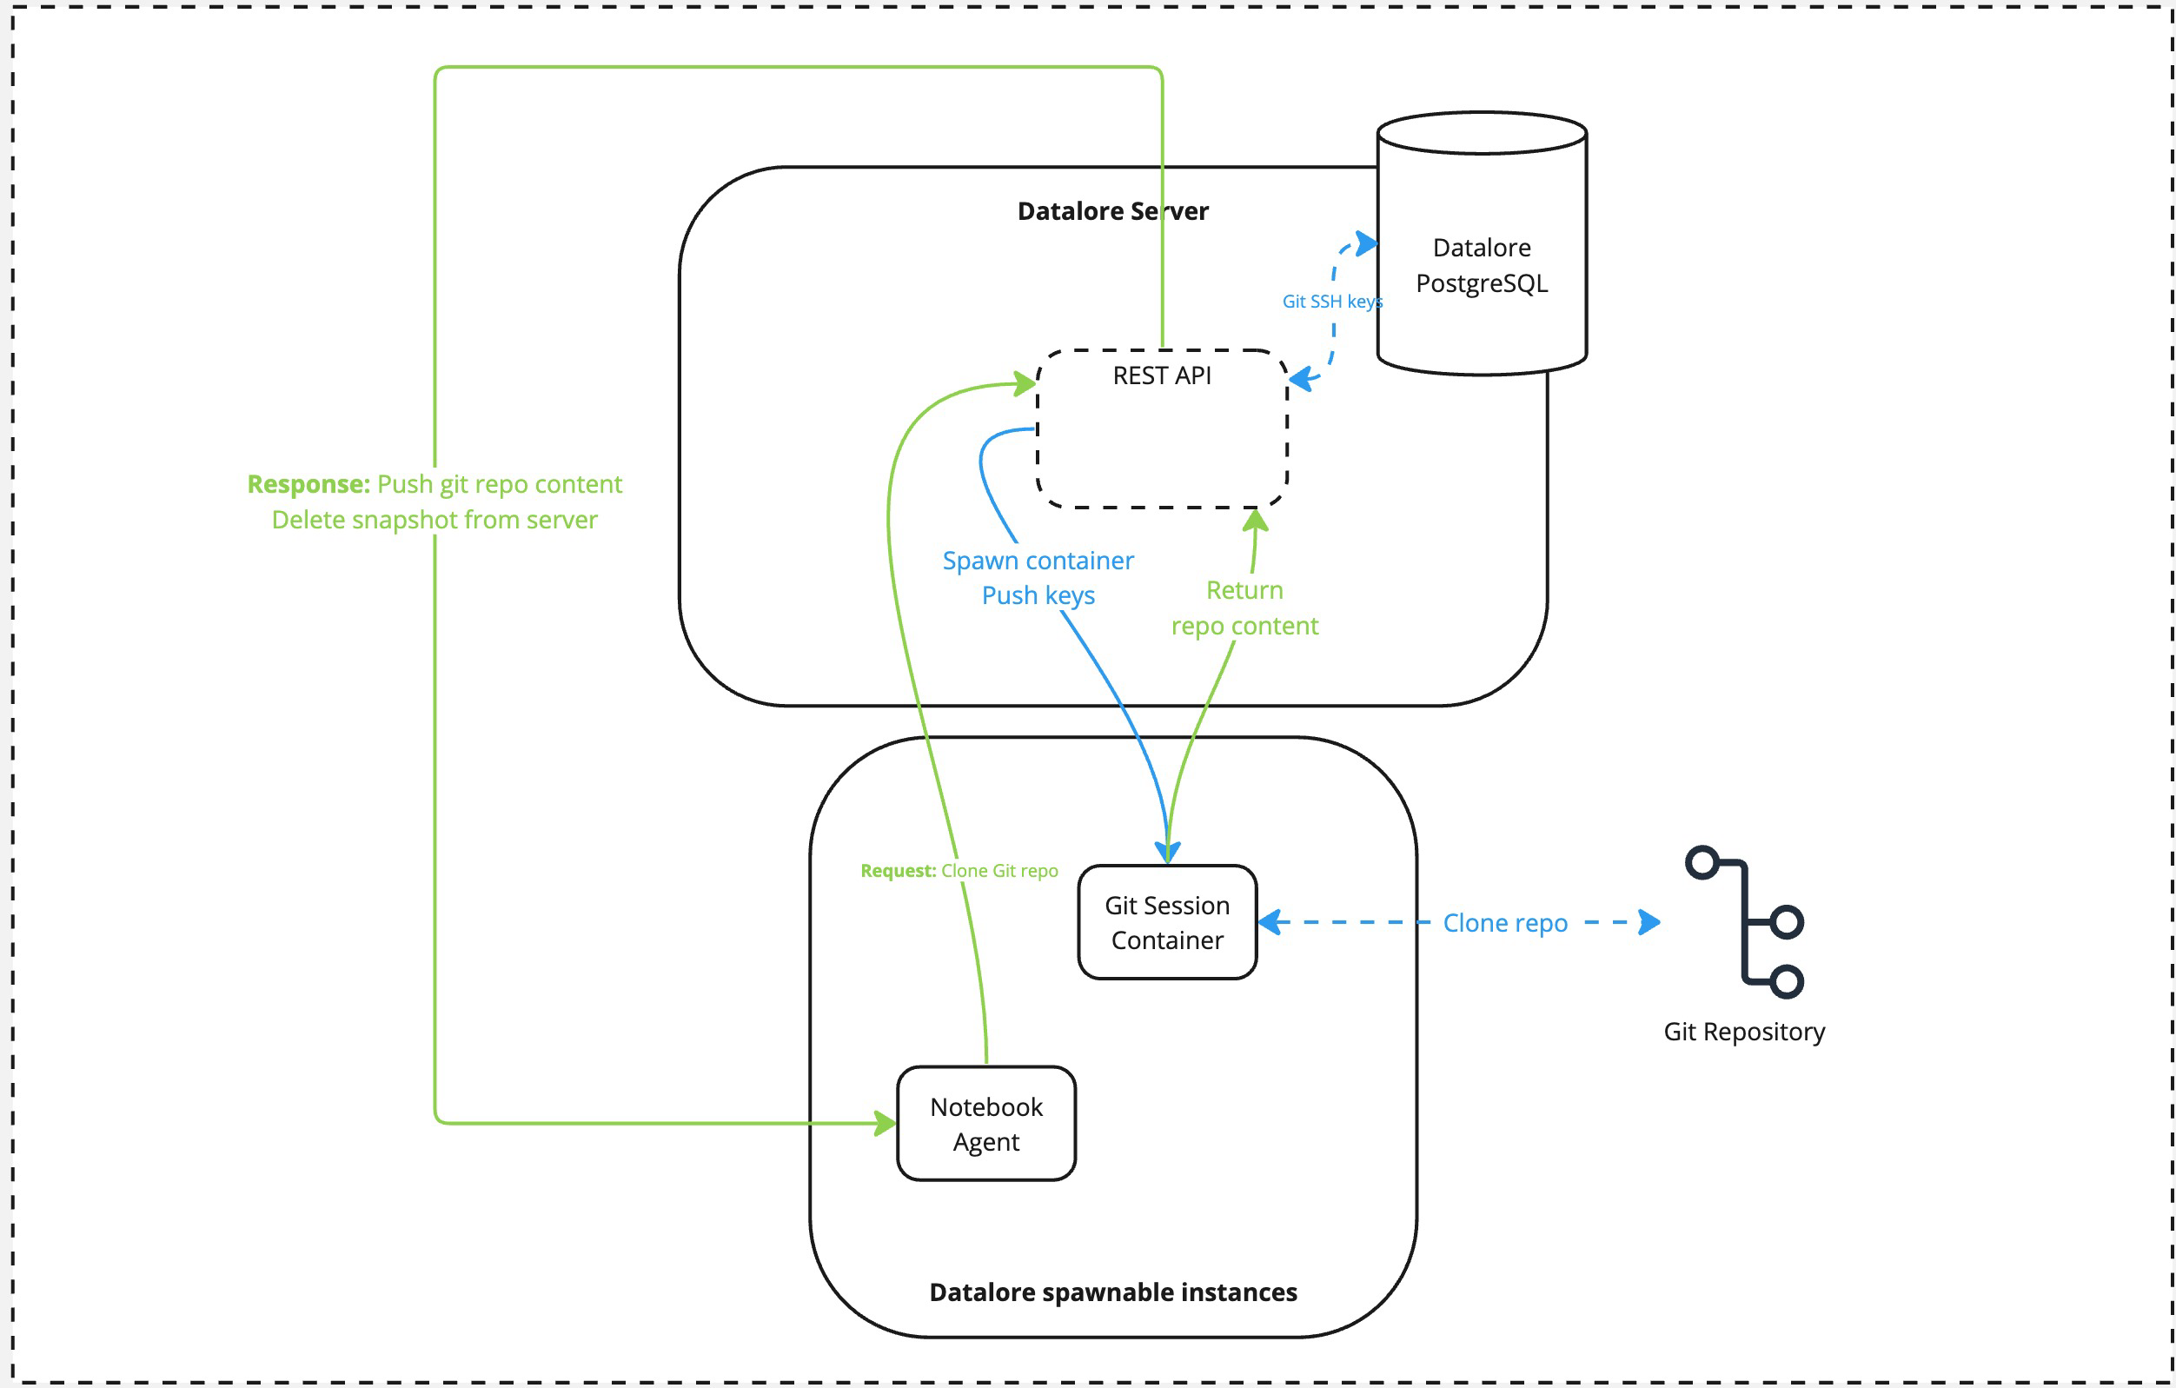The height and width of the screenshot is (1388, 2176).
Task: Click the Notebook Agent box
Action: tap(985, 1123)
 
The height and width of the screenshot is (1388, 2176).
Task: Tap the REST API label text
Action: tap(1161, 375)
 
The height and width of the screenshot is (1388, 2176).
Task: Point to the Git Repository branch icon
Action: tap(1744, 922)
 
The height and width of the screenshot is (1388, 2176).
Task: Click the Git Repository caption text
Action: tap(1743, 1031)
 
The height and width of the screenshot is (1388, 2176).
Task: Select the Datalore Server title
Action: tap(1112, 210)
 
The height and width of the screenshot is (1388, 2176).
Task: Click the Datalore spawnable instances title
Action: tap(1112, 1292)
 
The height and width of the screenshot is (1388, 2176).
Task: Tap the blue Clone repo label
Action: tap(1504, 923)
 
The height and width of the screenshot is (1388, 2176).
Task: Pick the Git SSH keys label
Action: tap(1331, 301)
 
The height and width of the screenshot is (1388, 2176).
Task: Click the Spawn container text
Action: tap(1038, 561)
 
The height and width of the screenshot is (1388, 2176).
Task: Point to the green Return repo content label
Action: tap(1244, 608)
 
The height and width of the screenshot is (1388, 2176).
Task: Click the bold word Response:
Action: tap(308, 484)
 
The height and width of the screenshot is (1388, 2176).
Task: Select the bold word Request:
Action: tap(898, 870)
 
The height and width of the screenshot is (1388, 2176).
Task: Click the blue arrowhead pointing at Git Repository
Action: tap(1649, 922)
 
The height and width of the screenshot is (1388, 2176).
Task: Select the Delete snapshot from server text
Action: tap(434, 520)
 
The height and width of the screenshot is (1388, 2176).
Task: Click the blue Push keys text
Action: tap(1038, 595)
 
